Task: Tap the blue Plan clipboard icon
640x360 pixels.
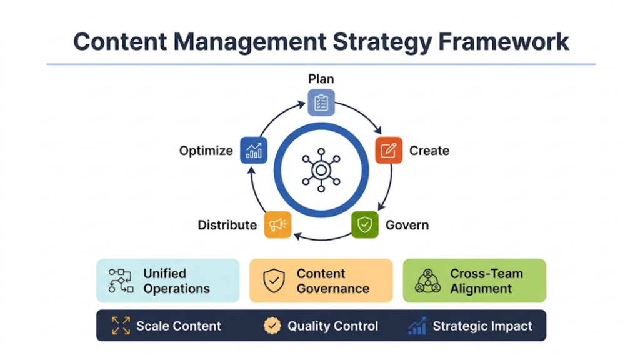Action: tap(321, 102)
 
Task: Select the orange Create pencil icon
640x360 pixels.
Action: tap(388, 150)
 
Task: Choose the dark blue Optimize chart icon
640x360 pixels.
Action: tap(254, 151)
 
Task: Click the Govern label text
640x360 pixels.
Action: tap(407, 225)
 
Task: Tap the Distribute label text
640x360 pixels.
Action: tap(227, 225)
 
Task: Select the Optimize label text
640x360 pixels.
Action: tap(206, 151)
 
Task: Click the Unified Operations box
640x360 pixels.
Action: tap(168, 281)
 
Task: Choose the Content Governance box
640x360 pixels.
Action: tap(321, 281)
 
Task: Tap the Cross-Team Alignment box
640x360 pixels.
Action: tap(474, 281)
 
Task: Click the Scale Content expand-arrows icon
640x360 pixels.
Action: tap(121, 326)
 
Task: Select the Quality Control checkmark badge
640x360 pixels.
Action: tap(272, 326)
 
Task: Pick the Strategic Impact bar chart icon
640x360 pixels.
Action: tap(417, 326)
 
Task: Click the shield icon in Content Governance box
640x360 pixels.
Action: tap(274, 281)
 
